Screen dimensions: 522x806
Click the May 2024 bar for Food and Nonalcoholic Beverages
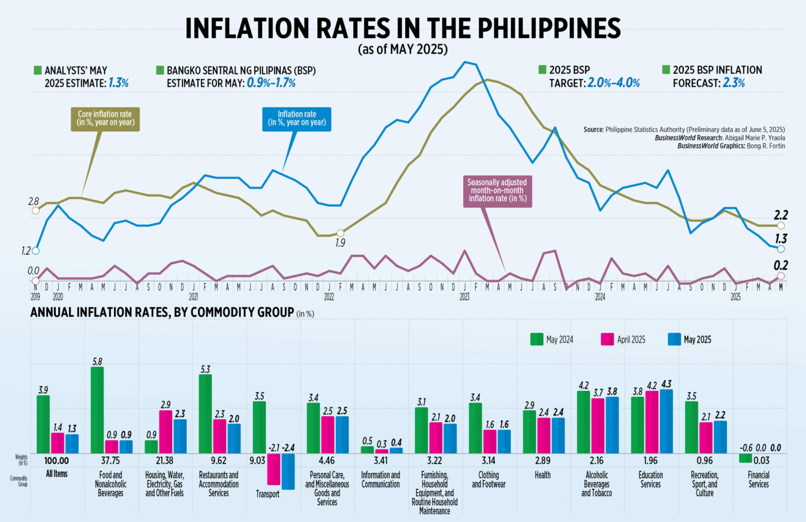coord(97,410)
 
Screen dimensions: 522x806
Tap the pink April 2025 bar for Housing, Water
coord(166,432)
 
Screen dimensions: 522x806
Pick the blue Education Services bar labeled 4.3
coord(666,421)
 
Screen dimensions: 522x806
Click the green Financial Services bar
coord(745,458)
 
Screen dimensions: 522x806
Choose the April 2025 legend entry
coord(623,340)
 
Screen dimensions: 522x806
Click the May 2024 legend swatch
coord(536,339)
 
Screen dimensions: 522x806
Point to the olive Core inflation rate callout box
coord(105,119)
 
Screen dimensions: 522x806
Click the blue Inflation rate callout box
coord(296,119)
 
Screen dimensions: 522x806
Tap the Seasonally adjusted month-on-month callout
coord(497,191)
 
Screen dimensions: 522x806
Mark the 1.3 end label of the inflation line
coord(781,238)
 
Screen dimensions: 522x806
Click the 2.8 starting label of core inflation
coord(34,202)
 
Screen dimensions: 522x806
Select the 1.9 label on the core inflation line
coord(340,243)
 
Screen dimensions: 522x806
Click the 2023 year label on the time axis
coord(464,297)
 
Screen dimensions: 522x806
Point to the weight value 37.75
coord(110,461)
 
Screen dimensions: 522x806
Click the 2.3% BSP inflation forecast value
coord(734,83)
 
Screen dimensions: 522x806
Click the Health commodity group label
coord(543,475)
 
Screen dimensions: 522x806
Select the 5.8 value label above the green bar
coord(97,362)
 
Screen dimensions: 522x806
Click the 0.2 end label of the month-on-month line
coord(781,266)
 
